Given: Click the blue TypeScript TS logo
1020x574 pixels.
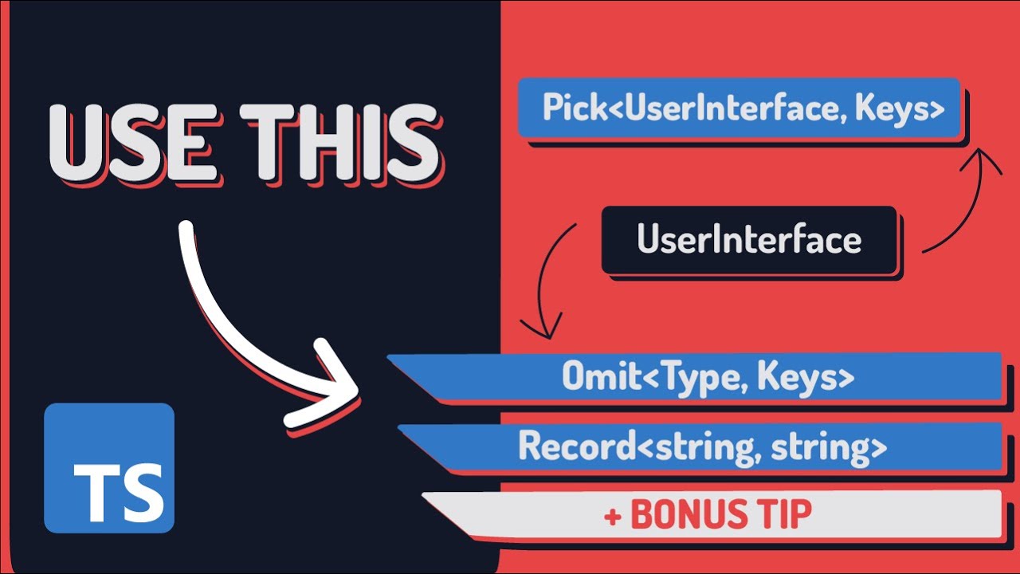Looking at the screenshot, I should pos(109,468).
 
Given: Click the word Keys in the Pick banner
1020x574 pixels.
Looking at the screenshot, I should pos(900,108).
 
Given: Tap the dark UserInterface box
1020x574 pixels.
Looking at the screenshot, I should pos(749,239).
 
